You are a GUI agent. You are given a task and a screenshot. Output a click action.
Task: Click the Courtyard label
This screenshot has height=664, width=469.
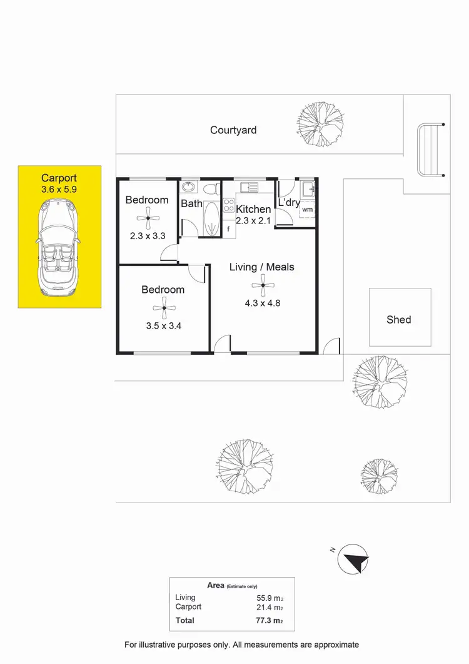click(x=233, y=130)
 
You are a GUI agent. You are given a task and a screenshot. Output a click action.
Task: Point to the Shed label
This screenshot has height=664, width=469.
click(x=399, y=320)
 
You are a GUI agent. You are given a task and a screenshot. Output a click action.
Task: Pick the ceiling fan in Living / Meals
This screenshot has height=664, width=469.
click(x=262, y=287)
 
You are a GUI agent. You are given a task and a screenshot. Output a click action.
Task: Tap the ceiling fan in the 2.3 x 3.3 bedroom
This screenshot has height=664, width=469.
click(x=148, y=218)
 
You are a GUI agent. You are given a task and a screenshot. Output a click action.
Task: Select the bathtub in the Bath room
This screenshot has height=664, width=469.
click(x=211, y=219)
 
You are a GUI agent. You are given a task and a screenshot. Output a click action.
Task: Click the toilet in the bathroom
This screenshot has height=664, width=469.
click(x=211, y=188)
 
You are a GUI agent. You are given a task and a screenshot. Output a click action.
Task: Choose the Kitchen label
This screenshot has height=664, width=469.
click(x=253, y=209)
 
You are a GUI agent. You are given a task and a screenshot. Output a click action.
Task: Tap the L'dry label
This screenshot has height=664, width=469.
click(x=290, y=203)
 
